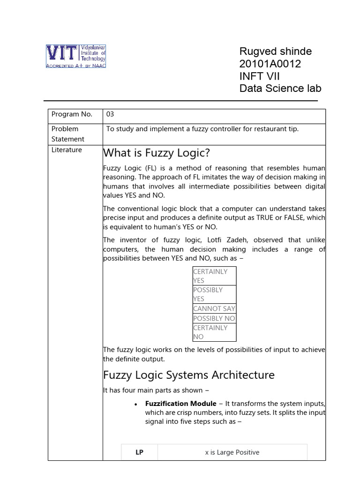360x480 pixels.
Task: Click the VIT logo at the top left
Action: click(x=75, y=56)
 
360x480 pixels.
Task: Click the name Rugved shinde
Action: click(x=275, y=52)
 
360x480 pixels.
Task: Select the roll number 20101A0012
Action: click(x=270, y=64)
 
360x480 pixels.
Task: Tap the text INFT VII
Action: click(x=259, y=76)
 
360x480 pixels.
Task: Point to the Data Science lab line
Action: click(x=280, y=89)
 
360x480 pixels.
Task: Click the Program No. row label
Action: click(x=72, y=114)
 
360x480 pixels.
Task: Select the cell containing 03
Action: click(x=111, y=114)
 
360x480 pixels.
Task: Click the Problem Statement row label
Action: click(x=68, y=134)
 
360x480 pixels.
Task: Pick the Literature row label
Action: click(x=67, y=150)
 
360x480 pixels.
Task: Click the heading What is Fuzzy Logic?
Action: click(x=156, y=153)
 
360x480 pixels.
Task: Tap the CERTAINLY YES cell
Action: click(x=214, y=276)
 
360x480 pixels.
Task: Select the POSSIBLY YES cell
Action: click(x=214, y=294)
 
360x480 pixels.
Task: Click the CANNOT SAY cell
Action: click(x=214, y=308)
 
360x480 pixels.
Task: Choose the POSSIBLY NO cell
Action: click(x=214, y=318)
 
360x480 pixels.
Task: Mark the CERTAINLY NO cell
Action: click(x=214, y=332)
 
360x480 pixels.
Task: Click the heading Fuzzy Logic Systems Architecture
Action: click(x=188, y=375)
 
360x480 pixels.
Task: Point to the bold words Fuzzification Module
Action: click(x=180, y=404)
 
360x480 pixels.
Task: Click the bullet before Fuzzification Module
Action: click(x=135, y=404)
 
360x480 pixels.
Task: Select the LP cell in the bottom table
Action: click(x=139, y=452)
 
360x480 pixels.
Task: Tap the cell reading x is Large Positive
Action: click(x=232, y=452)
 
